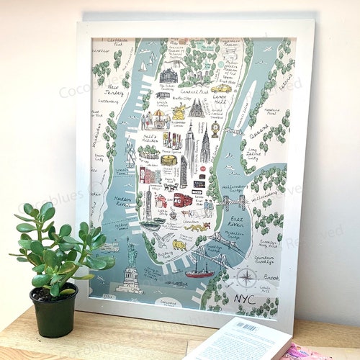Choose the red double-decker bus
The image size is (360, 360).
(183, 199)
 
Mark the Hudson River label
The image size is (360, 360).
(123, 201)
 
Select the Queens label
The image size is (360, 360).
(258, 133)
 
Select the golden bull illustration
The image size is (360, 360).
(178, 245)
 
